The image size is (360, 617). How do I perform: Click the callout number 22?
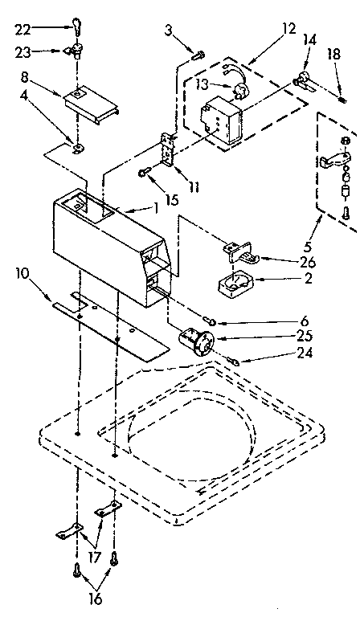coord(23,29)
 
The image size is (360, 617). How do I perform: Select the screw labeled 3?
coord(198,55)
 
